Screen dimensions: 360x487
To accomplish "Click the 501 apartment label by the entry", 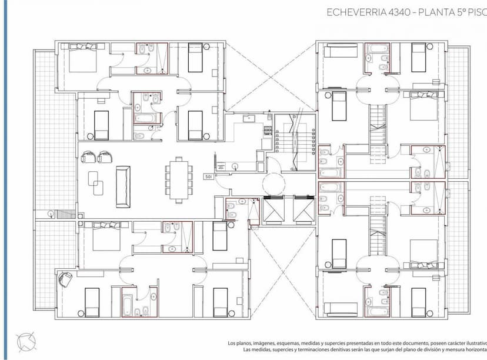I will coord(208,176).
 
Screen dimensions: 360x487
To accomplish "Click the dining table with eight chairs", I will coord(179,179).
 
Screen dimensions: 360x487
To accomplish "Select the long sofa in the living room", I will coord(123,186).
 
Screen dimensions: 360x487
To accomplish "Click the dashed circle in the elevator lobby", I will coord(273,183).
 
